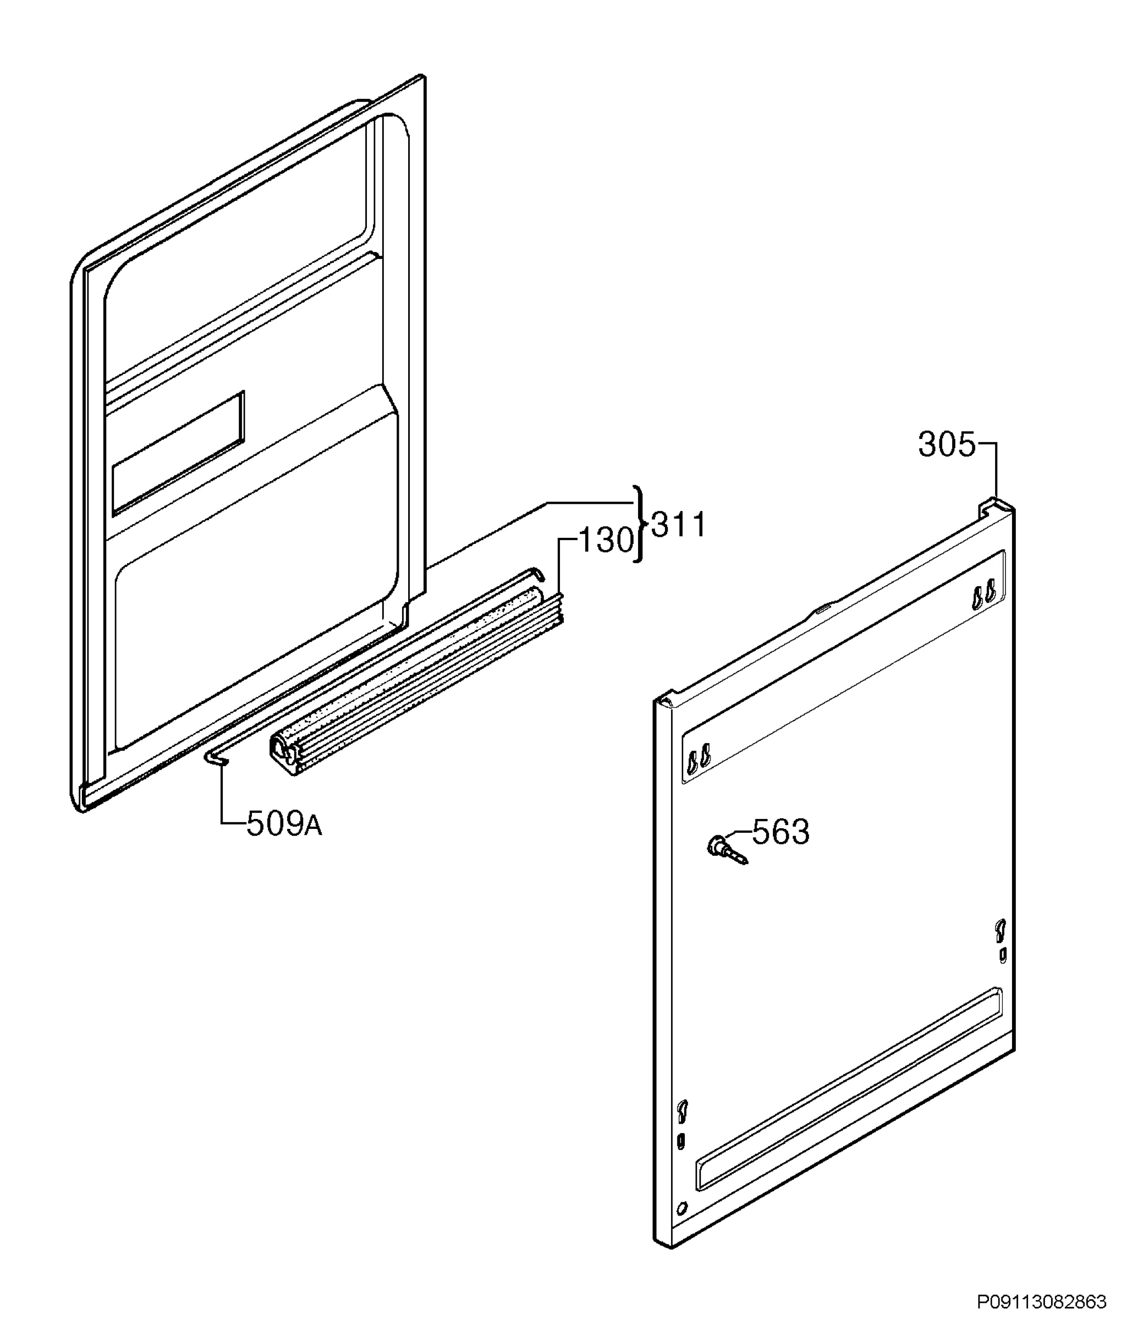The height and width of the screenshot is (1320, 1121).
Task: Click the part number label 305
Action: pyautogui.click(x=946, y=445)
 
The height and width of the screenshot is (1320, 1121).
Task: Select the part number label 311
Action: pyautogui.click(x=679, y=526)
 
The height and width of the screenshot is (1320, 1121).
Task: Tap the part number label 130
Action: pyautogui.click(x=606, y=540)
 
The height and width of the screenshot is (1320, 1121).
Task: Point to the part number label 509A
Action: pyautogui.click(x=284, y=824)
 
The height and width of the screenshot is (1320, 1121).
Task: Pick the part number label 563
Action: pyautogui.click(x=781, y=832)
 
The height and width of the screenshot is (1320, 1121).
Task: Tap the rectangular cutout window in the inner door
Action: pyautogui.click(x=178, y=452)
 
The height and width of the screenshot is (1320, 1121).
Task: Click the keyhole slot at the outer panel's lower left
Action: pyautogui.click(x=682, y=1128)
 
